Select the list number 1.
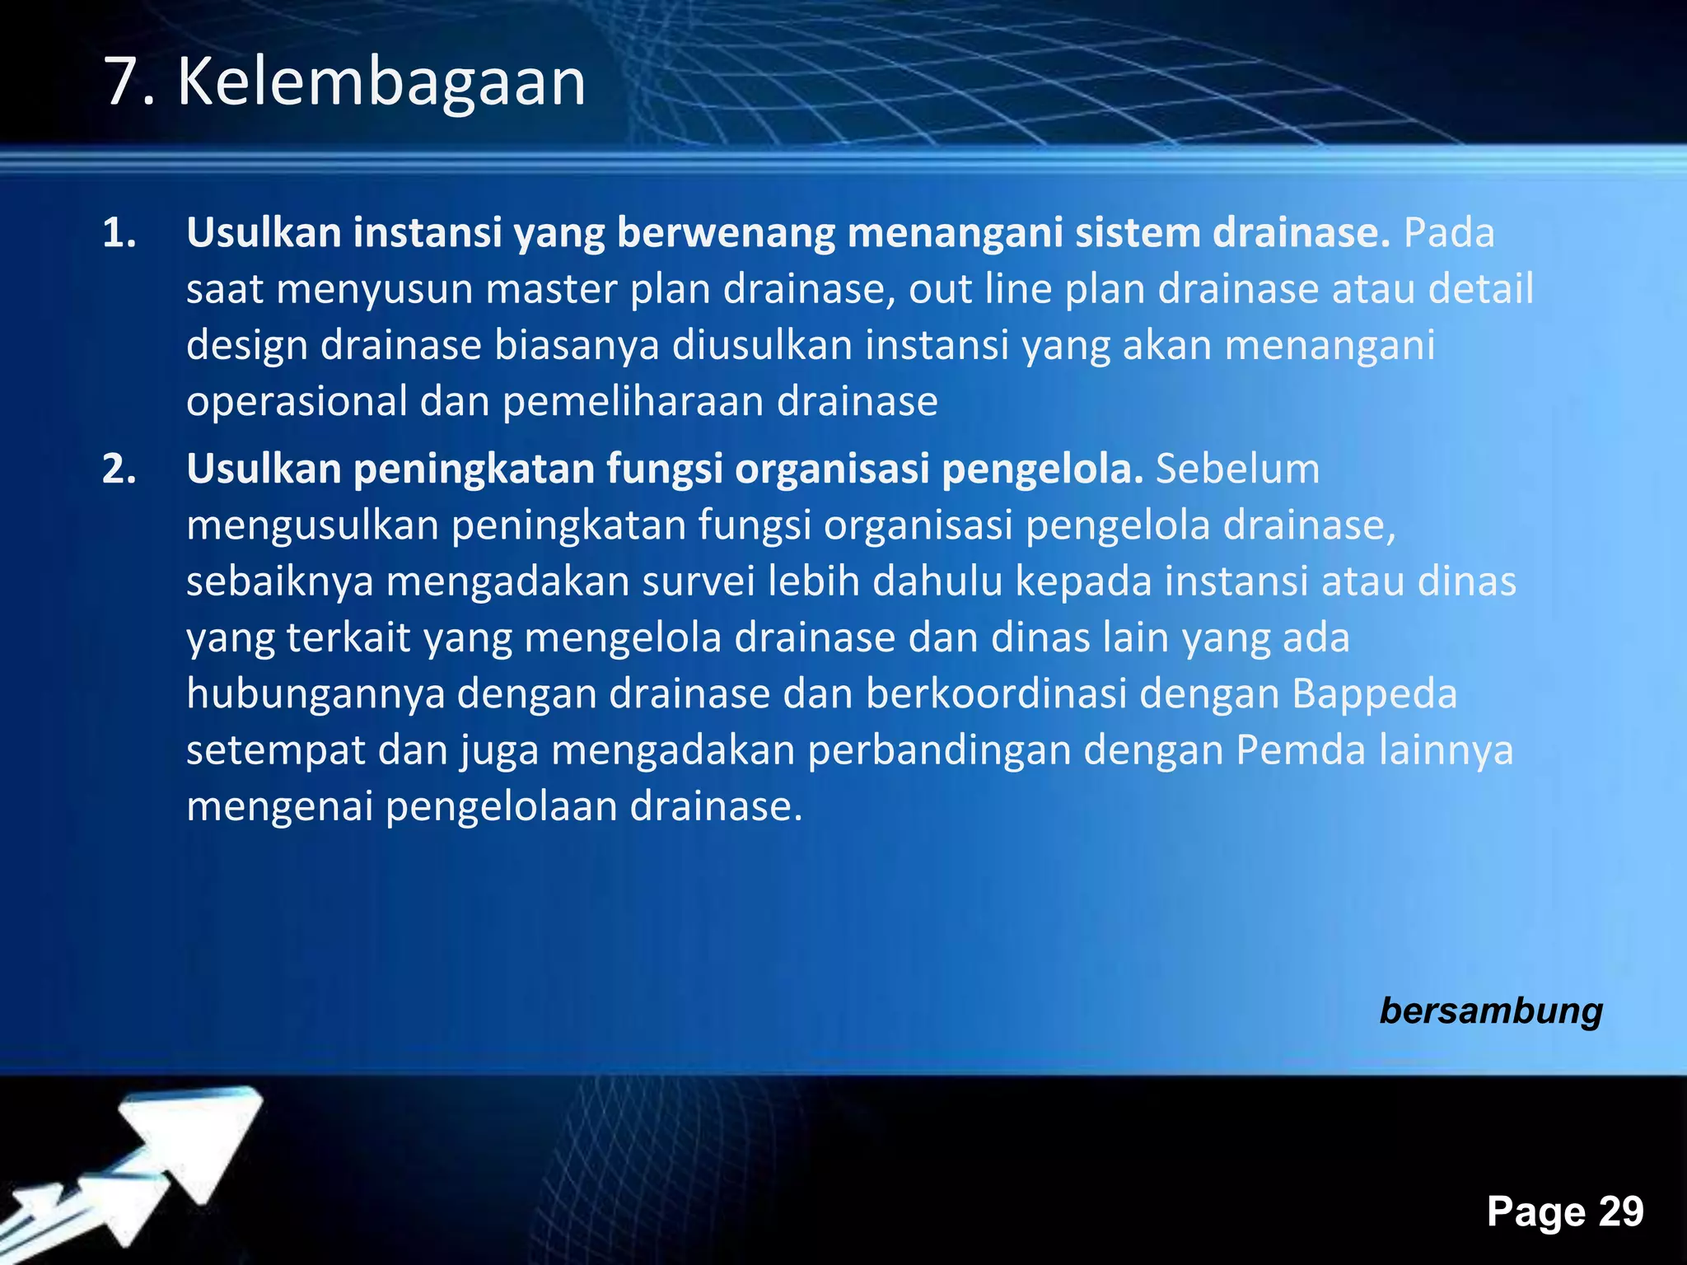[118, 234]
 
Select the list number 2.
[118, 469]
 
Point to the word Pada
[1448, 233]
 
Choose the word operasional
[297, 403]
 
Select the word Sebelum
[1237, 469]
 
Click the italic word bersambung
[1491, 1011]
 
